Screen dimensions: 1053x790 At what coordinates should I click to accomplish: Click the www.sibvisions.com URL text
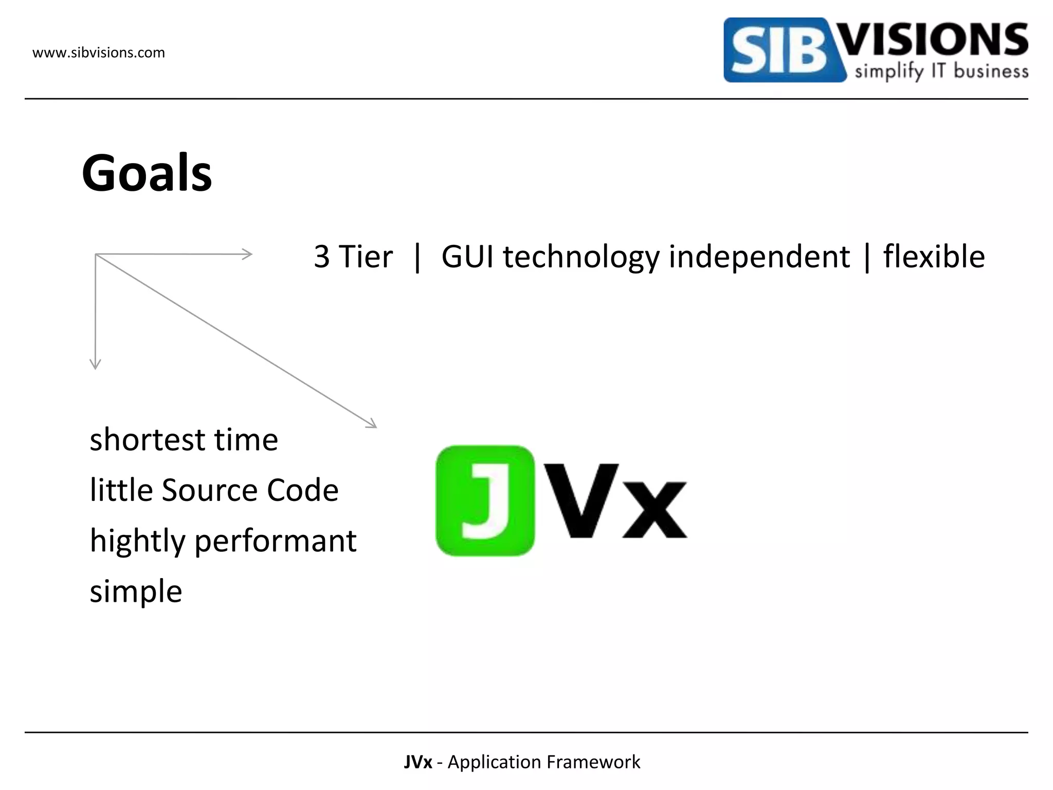click(x=99, y=53)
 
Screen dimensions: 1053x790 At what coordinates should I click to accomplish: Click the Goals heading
click(x=147, y=173)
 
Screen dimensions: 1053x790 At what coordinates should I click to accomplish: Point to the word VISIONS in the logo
click(x=934, y=40)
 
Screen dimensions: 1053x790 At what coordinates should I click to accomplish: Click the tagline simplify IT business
click(x=941, y=71)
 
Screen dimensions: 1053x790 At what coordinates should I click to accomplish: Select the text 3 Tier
click(x=353, y=257)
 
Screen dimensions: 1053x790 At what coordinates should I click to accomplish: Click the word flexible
click(x=934, y=257)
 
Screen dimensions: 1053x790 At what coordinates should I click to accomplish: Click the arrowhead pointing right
click(x=247, y=254)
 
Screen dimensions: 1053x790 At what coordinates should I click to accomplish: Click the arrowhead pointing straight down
click(x=96, y=364)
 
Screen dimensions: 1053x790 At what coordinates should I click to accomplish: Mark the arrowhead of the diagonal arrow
click(x=371, y=424)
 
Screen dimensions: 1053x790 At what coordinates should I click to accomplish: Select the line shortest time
click(x=184, y=440)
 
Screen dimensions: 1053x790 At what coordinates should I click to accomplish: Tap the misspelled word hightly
click(x=137, y=542)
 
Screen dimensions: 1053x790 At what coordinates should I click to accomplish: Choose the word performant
click(x=276, y=542)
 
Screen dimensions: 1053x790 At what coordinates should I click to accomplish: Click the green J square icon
click(x=485, y=500)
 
